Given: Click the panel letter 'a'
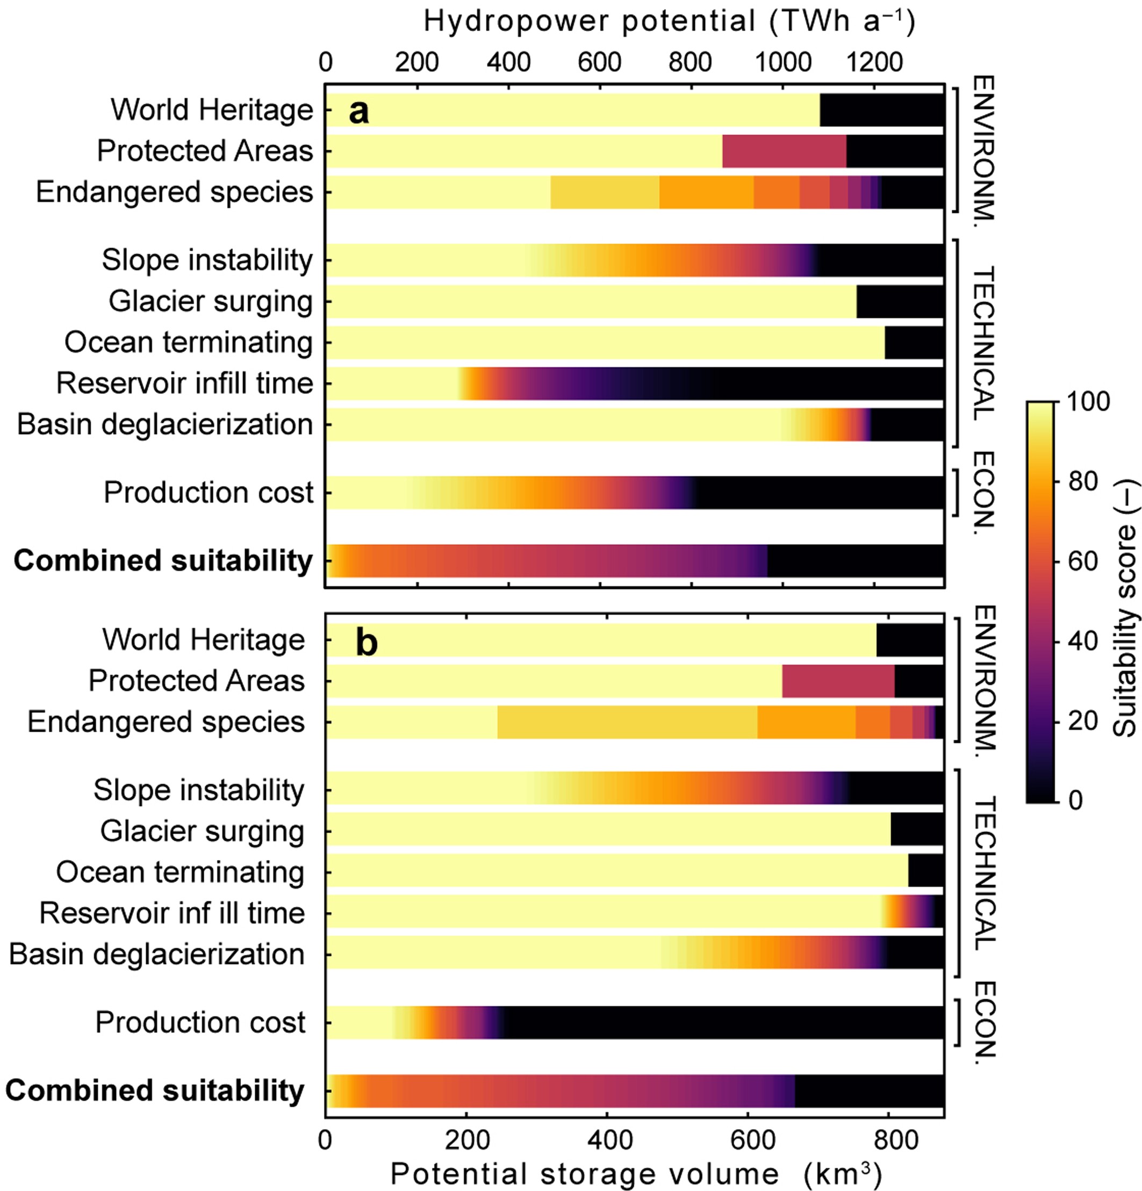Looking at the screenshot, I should [x=358, y=112].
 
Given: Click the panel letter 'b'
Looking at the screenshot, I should [x=367, y=643].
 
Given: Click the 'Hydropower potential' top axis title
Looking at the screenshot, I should [x=669, y=21].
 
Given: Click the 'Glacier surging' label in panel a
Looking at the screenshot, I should [x=210, y=301].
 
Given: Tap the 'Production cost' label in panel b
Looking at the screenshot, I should [x=200, y=1022].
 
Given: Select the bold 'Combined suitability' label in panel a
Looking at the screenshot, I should [x=163, y=560].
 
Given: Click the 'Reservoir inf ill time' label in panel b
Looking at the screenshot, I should [x=172, y=913].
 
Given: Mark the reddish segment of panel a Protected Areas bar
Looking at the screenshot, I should [x=784, y=151].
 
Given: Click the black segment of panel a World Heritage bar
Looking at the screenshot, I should [x=881, y=110].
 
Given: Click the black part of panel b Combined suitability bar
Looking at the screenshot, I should [x=869, y=1091].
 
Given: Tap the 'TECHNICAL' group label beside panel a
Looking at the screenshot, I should [x=983, y=343].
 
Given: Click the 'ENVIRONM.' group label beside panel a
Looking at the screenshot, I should [x=983, y=149].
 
